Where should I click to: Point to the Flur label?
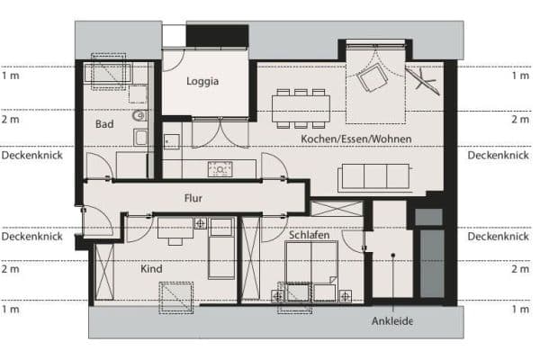click(193, 197)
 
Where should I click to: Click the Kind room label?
click(151, 268)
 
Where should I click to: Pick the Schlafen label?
click(309, 235)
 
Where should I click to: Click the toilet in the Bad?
click(138, 116)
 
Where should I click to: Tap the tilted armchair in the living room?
click(371, 81)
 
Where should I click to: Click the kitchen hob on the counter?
click(220, 168)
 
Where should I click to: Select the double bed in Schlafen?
click(311, 268)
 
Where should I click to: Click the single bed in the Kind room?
click(221, 247)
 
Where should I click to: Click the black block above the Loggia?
click(216, 35)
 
